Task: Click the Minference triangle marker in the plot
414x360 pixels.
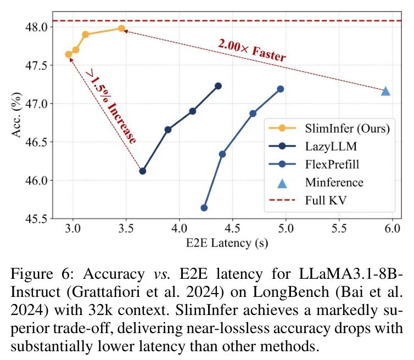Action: click(385, 91)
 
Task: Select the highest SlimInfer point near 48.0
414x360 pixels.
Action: click(121, 29)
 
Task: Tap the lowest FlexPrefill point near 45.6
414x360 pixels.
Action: click(204, 208)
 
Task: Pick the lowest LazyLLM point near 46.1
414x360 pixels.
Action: click(143, 171)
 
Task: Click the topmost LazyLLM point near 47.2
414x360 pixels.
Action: click(218, 86)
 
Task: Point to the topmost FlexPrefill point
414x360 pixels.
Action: click(281, 89)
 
